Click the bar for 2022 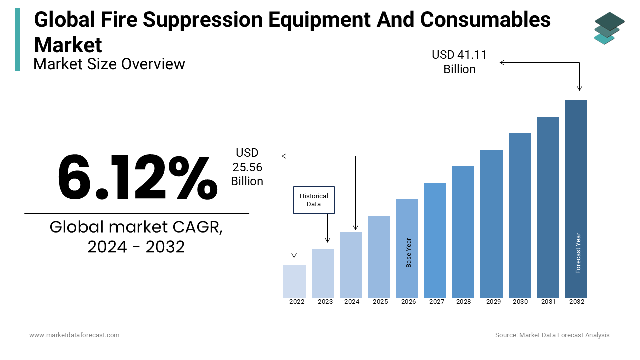click(294, 282)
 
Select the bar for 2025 click(379, 257)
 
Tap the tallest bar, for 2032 click(576, 199)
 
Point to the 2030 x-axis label click(520, 302)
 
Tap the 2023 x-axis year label click(325, 302)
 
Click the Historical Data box click(314, 200)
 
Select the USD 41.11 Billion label click(459, 62)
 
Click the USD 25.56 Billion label click(247, 167)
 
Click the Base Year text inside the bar click(409, 253)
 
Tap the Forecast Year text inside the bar click(578, 253)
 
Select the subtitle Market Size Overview click(109, 64)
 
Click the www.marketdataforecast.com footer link click(74, 335)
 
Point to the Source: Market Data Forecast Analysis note click(552, 335)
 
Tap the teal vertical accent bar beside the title click(18, 39)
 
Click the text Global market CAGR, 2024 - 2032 click(136, 237)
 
